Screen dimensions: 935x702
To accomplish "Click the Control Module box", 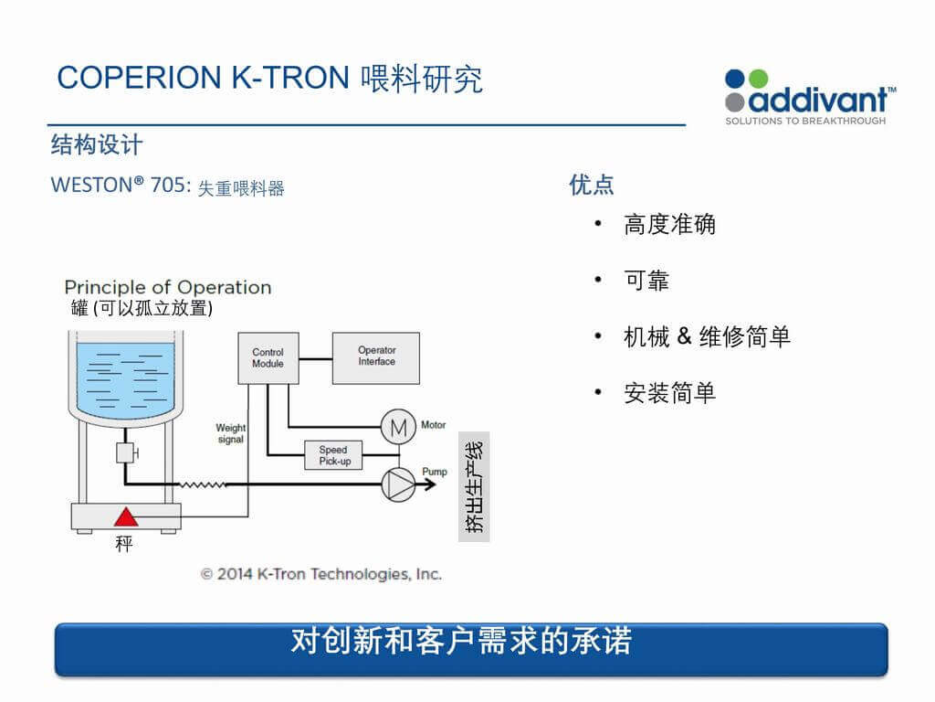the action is pyautogui.click(x=268, y=358).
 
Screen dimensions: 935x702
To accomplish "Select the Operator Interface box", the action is pyautogui.click(x=376, y=358).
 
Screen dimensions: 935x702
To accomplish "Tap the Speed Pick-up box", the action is pyautogui.click(x=333, y=455).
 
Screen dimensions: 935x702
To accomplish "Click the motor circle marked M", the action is pyautogui.click(x=398, y=427).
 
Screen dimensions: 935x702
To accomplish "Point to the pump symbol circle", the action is pyautogui.click(x=398, y=484).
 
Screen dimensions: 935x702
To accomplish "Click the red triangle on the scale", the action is pyautogui.click(x=126, y=517).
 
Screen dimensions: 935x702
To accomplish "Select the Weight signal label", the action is pyautogui.click(x=231, y=433).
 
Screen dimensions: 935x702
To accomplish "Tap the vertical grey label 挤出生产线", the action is pyautogui.click(x=474, y=486).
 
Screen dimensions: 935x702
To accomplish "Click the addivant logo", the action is pyautogui.click(x=810, y=98).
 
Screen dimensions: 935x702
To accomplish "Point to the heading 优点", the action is pyautogui.click(x=592, y=185).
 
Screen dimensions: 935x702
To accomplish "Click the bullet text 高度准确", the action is pyautogui.click(x=669, y=225).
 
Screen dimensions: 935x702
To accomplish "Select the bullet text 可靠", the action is pyautogui.click(x=646, y=281).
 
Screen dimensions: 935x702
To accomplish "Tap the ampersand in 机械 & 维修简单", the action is pyautogui.click(x=685, y=336).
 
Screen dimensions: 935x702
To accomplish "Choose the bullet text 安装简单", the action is pyautogui.click(x=669, y=393).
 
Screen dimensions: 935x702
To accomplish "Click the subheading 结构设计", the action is pyautogui.click(x=97, y=145).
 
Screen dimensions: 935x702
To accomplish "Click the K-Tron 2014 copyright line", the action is pyautogui.click(x=321, y=574).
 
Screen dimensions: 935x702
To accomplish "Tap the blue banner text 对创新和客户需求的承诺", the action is pyautogui.click(x=461, y=641).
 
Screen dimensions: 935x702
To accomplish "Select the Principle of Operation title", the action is pyautogui.click(x=168, y=287).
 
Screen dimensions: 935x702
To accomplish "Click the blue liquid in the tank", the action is pyautogui.click(x=126, y=379).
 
